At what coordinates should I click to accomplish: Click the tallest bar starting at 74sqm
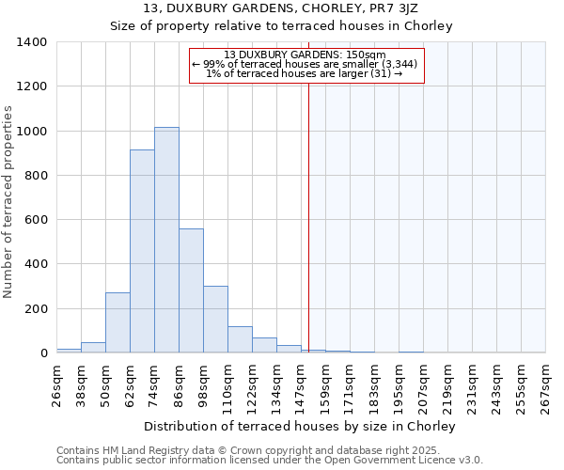pyautogui.click(x=166, y=240)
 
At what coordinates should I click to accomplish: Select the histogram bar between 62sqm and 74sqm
pyautogui.click(x=142, y=251)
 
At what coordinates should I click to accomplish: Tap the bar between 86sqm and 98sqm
pyautogui.click(x=191, y=290)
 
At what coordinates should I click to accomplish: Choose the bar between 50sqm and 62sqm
pyautogui.click(x=117, y=322)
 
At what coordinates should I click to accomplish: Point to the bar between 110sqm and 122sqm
pyautogui.click(x=240, y=339)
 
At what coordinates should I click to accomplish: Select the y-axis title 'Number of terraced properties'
pyautogui.click(x=8, y=202)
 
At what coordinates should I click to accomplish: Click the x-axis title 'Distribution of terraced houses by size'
pyautogui.click(x=300, y=427)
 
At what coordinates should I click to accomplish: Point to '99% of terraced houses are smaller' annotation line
pyautogui.click(x=306, y=64)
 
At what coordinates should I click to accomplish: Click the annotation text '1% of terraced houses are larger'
pyautogui.click(x=306, y=74)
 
